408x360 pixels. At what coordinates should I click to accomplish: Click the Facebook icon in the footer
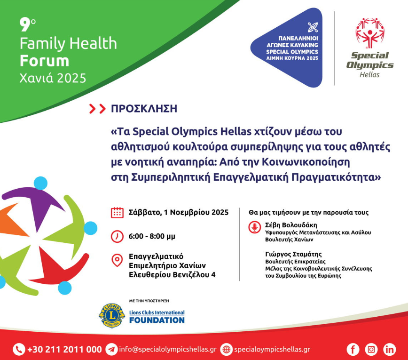click(353, 349)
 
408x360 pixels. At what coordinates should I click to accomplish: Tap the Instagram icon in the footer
click(371, 349)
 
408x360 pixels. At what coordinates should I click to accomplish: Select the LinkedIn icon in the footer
click(390, 349)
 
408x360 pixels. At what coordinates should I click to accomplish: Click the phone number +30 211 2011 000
click(64, 349)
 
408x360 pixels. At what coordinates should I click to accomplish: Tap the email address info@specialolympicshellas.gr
click(168, 349)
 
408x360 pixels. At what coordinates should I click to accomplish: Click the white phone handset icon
click(19, 349)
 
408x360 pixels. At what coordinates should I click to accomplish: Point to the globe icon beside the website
click(227, 349)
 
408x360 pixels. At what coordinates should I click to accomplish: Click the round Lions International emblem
click(112, 315)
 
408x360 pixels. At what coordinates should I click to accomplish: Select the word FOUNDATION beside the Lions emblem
click(157, 320)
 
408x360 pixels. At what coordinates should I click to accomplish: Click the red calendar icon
click(117, 213)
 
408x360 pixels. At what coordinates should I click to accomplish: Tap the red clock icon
click(117, 236)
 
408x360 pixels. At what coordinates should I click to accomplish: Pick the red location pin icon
click(117, 260)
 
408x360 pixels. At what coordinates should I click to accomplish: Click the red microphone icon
click(254, 227)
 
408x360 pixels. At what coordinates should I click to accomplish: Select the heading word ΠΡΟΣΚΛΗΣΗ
click(144, 109)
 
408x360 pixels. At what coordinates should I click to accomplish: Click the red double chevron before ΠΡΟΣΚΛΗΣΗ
click(97, 109)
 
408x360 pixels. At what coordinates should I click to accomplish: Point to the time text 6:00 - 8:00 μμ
click(152, 236)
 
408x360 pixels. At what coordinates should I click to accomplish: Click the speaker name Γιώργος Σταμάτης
click(293, 254)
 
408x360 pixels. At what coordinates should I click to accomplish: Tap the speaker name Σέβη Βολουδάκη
click(291, 225)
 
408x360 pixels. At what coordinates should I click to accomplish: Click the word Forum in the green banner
click(45, 61)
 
